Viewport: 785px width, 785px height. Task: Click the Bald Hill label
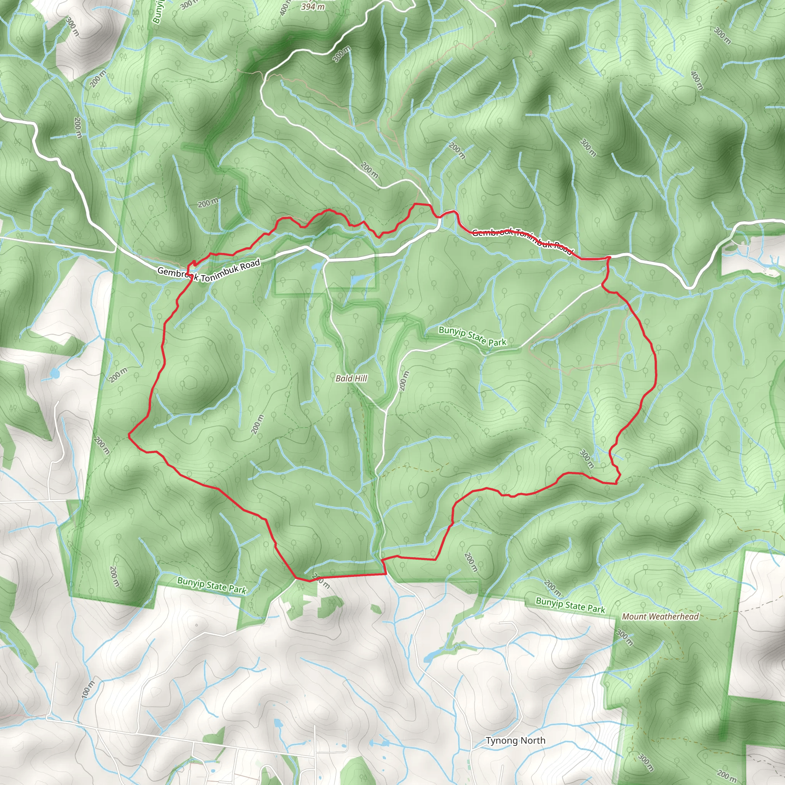[351, 378]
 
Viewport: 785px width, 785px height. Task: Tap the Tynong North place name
[515, 740]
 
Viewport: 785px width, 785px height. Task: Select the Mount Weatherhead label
[660, 616]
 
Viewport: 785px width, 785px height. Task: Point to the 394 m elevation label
[313, 7]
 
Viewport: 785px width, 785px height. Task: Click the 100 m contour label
[88, 689]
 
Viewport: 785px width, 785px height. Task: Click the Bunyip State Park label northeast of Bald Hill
[473, 336]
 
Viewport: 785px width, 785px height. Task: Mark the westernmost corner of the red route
[129, 435]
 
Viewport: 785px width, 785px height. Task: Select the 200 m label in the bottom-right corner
[727, 776]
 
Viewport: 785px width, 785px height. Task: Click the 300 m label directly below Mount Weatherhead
[624, 637]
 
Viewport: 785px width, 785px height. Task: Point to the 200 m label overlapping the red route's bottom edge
[321, 581]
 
